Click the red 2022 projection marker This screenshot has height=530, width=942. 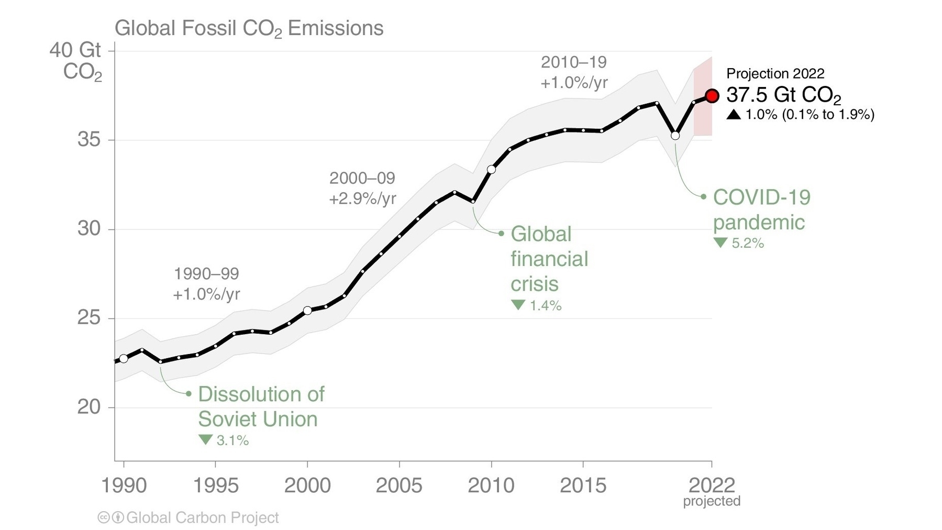712,96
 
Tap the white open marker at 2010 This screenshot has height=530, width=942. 491,169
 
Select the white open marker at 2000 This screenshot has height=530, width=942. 307,311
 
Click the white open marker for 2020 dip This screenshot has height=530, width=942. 675,136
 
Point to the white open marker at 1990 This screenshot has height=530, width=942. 124,359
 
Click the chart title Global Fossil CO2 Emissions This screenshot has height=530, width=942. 249,28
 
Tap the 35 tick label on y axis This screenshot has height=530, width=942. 88,140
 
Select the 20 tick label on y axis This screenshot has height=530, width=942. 88,407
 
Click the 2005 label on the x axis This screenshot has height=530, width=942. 399,485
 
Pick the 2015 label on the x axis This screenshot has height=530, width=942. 583,485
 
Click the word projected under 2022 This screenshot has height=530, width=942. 712,501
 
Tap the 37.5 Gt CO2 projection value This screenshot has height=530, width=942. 783,95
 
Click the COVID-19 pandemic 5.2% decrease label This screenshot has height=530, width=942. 747,243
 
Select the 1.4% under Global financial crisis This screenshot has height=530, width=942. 545,305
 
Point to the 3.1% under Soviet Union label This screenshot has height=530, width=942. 232,440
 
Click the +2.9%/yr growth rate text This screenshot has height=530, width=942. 362,199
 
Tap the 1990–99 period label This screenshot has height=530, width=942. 206,273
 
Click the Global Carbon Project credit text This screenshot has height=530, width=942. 203,518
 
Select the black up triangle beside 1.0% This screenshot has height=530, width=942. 734,114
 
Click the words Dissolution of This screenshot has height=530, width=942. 261,394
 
